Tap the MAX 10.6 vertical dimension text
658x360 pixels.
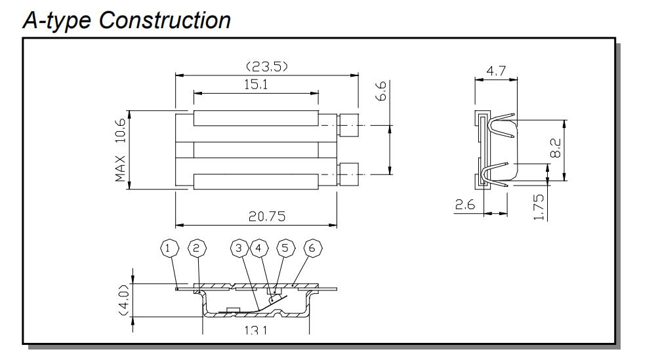coord(121,150)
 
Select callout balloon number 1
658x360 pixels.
coord(170,249)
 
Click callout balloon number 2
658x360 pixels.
coord(195,249)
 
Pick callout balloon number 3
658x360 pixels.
coord(240,249)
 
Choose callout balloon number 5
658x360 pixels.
coord(284,249)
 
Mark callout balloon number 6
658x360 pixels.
coord(312,249)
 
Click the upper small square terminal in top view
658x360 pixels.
coord(350,125)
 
